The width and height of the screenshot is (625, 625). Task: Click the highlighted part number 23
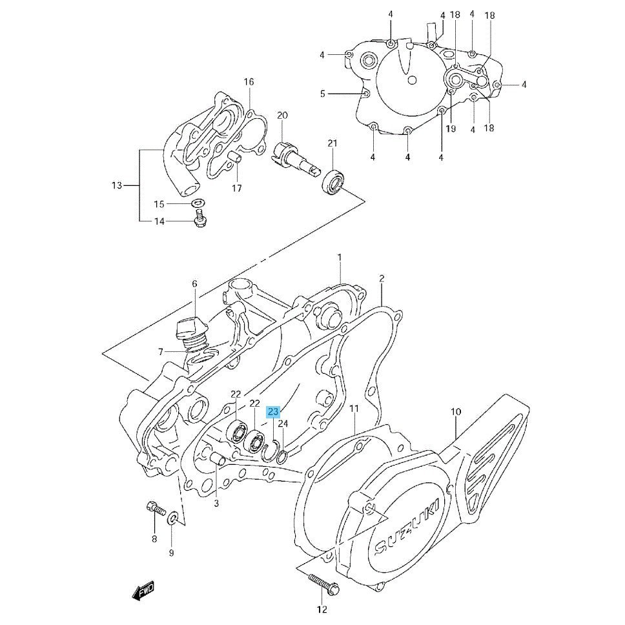[274, 412]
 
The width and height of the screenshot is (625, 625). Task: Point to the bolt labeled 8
[156, 509]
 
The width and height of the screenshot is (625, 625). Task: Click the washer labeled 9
[173, 518]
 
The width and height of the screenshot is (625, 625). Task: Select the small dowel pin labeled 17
[235, 157]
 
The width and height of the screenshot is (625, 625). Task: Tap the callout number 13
[117, 185]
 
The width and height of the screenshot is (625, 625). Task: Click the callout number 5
[323, 94]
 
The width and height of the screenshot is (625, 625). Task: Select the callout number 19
[451, 128]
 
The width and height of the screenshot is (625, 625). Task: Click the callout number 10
[456, 411]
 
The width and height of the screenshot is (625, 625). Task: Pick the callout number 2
[382, 278]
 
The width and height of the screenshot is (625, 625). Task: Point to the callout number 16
[249, 82]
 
